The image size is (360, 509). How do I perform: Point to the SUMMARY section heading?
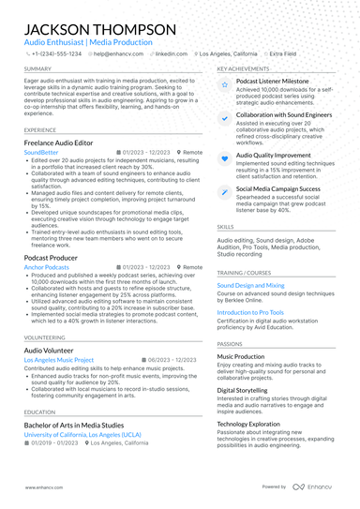coord(38,69)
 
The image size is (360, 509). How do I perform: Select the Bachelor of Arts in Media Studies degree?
coord(87,425)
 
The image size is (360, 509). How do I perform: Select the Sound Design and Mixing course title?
coord(250,284)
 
